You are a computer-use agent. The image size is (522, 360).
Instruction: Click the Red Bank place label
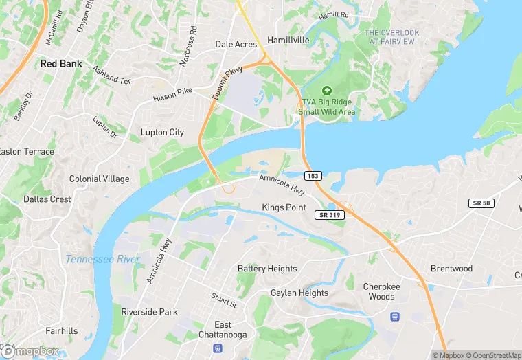tap(61, 64)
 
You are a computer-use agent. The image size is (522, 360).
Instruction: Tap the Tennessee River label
tap(102, 259)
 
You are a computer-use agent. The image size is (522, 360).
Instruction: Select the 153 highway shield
tap(313, 176)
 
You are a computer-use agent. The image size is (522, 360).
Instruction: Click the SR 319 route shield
tap(330, 215)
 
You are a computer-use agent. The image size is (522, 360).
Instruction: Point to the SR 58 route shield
tap(481, 203)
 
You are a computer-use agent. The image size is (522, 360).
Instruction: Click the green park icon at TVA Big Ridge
tap(327, 91)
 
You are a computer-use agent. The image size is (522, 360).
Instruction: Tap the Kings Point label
tap(284, 207)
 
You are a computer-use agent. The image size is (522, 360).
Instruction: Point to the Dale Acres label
tap(236, 44)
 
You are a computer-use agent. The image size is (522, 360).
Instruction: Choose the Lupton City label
tap(162, 132)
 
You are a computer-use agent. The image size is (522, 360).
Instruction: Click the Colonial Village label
tap(99, 179)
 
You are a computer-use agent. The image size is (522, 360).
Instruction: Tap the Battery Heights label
tap(267, 269)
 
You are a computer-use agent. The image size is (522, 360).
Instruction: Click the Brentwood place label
tap(451, 269)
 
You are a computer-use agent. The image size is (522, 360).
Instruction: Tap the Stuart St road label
tap(223, 301)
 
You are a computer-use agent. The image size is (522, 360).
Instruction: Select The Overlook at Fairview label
tap(391, 37)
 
